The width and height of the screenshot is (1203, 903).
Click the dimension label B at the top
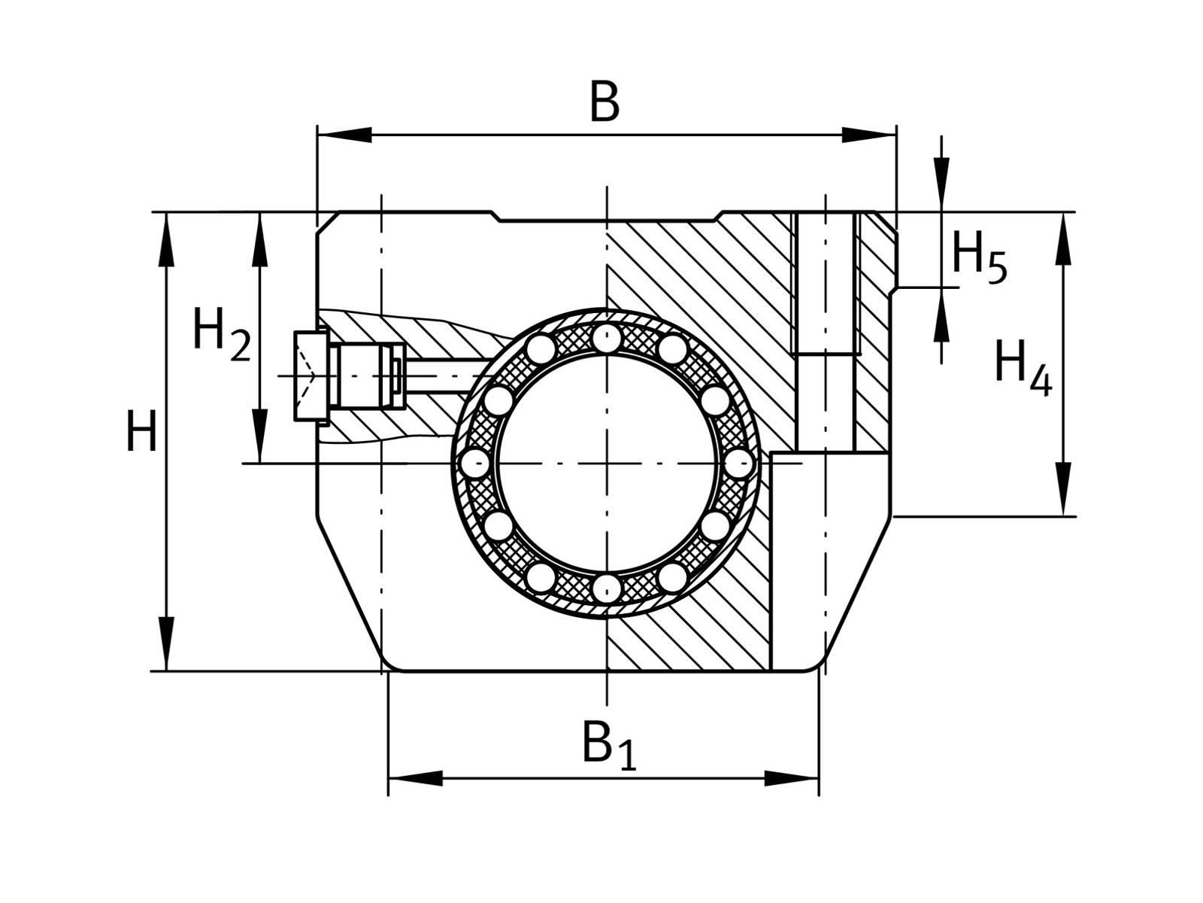[x=605, y=102]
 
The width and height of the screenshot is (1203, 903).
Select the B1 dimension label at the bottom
[x=608, y=744]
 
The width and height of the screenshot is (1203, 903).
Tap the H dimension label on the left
[x=141, y=433]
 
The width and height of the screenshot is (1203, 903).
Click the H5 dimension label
[x=978, y=256]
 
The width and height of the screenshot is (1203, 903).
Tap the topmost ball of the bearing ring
[x=607, y=338]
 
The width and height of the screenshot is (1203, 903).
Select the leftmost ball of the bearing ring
[x=475, y=464]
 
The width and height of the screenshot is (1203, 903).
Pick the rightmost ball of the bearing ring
[x=740, y=464]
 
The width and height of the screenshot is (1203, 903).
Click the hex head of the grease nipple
[x=311, y=375]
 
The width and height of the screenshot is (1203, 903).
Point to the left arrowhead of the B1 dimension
[x=414, y=778]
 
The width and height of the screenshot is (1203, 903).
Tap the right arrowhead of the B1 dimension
[x=792, y=778]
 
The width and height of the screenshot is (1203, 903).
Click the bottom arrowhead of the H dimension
[x=166, y=643]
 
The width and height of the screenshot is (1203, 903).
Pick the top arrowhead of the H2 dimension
[x=260, y=240]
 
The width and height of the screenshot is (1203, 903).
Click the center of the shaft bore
[x=607, y=464]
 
